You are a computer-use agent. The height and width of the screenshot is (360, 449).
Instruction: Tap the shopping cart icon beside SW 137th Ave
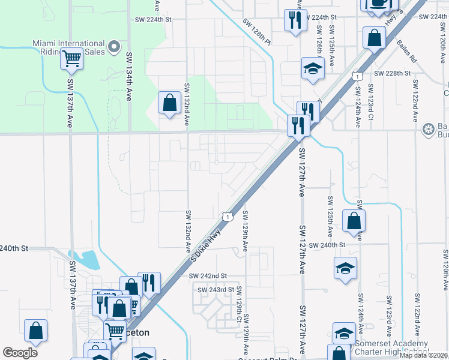click(x=72, y=59)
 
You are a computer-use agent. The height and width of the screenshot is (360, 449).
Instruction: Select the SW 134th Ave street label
click(x=129, y=75)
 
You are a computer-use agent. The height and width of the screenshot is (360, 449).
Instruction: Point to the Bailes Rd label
click(x=407, y=52)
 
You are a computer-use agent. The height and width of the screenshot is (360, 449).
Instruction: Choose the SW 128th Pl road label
click(x=258, y=31)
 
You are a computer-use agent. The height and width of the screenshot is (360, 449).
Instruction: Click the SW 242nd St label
click(x=207, y=275)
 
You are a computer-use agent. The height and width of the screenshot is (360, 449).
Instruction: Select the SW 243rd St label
click(x=215, y=290)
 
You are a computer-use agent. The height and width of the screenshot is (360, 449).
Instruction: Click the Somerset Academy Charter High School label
click(x=391, y=347)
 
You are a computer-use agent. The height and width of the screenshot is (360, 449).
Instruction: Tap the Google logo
click(x=20, y=353)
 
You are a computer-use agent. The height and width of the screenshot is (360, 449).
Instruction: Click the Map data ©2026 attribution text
click(x=423, y=355)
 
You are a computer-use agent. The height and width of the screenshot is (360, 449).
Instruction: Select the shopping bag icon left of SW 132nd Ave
click(x=170, y=103)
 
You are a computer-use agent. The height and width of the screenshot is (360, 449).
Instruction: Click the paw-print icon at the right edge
click(x=429, y=129)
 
